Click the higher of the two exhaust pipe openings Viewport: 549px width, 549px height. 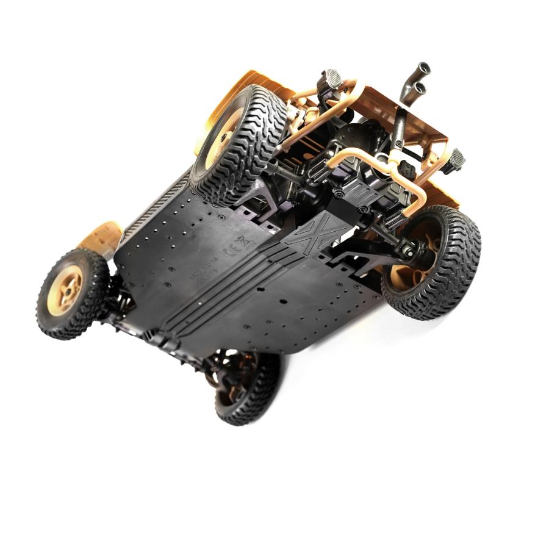[423, 68]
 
